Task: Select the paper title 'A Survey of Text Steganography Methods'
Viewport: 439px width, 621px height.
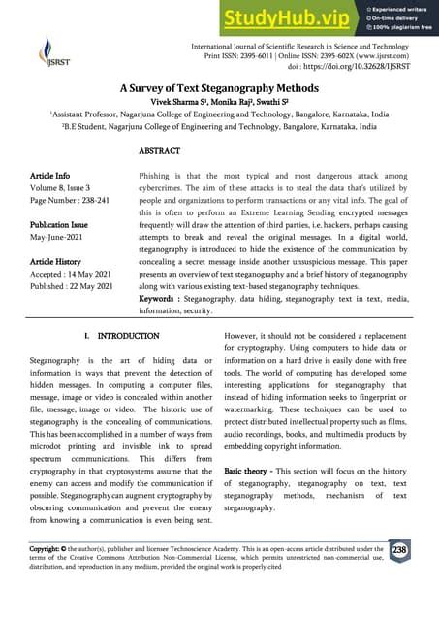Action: point(218,87)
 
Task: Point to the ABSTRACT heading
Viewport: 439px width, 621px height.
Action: point(160,152)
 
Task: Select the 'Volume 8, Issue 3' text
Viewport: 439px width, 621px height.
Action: point(60,189)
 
